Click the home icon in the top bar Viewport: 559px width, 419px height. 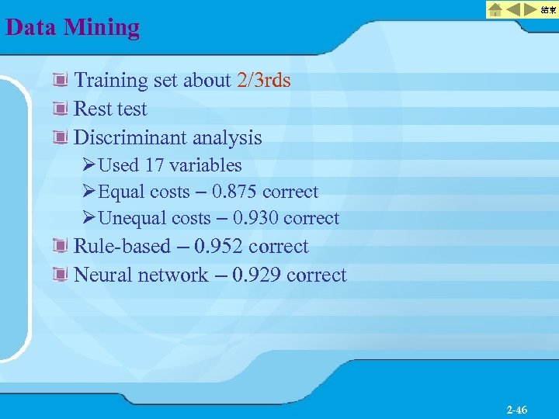coord(495,10)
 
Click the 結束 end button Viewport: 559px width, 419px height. coord(548,10)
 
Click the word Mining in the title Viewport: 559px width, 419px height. coord(102,27)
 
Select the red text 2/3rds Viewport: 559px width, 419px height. coord(263,80)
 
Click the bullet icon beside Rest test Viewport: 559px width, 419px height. coord(60,109)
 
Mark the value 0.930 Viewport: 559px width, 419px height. coord(256,218)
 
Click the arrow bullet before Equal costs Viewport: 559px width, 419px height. coord(89,192)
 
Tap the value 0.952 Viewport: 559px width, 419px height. coord(219,246)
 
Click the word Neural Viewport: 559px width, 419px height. coord(102,275)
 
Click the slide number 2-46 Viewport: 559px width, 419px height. coord(516,410)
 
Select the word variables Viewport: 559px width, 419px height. coord(206,165)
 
